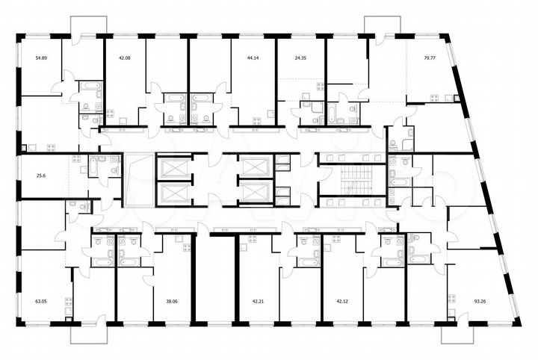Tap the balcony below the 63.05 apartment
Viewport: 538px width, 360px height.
pos(89,333)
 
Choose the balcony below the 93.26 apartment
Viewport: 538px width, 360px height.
pos(475,332)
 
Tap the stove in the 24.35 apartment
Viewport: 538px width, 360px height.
pos(320,86)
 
